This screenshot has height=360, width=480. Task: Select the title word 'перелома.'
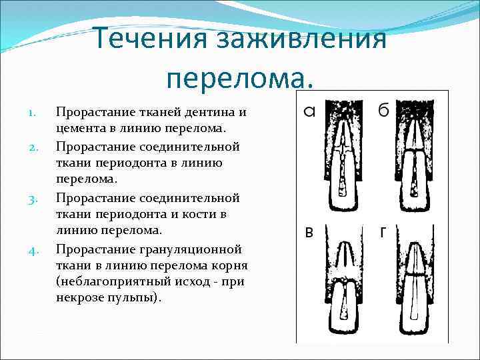click(x=240, y=79)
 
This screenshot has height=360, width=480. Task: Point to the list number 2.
click(x=37, y=147)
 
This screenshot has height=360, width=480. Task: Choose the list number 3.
click(x=37, y=199)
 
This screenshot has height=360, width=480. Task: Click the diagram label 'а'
click(x=309, y=111)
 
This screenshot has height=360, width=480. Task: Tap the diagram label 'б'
click(x=383, y=111)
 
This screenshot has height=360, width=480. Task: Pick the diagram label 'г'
click(x=383, y=233)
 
